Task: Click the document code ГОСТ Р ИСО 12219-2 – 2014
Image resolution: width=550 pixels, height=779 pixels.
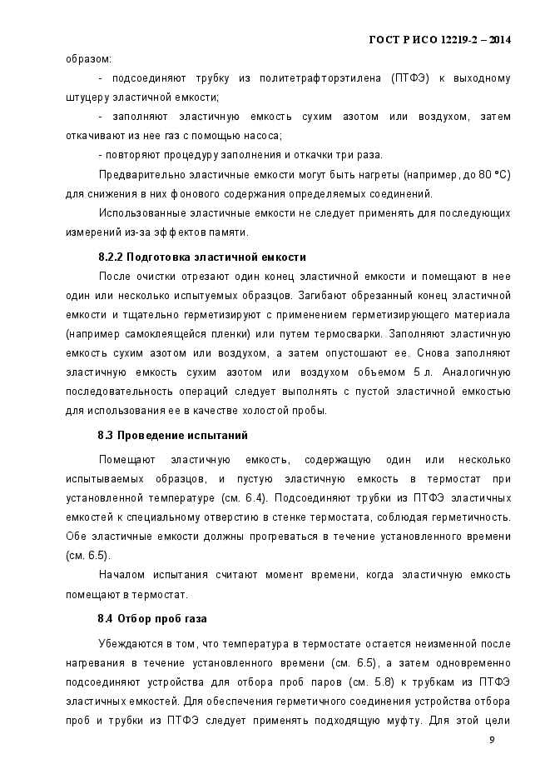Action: [x=439, y=39]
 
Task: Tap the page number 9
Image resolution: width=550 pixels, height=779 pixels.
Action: [x=492, y=739]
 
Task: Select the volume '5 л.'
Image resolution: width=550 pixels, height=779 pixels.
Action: [x=424, y=371]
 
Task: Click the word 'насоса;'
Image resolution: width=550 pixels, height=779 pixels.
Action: [x=265, y=135]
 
